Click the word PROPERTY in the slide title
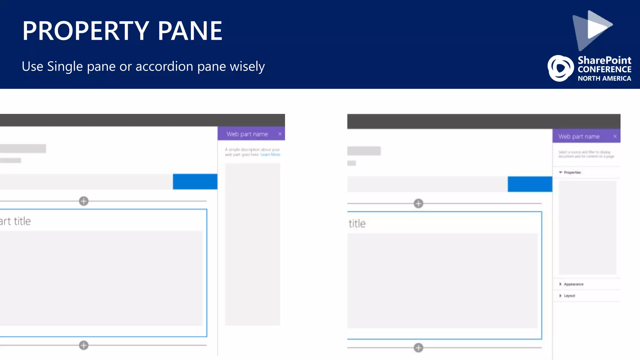pyautogui.click(x=85, y=31)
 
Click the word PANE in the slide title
pyautogui.click(x=190, y=31)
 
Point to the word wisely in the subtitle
pyautogui.click(x=247, y=67)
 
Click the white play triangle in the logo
pyautogui.click(x=598, y=26)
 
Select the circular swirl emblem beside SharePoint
pyautogui.click(x=560, y=68)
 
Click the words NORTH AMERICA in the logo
pyautogui.click(x=604, y=78)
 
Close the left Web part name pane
pyautogui.click(x=280, y=134)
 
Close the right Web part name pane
pyautogui.click(x=615, y=136)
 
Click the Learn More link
pyautogui.click(x=270, y=155)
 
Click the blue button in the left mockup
pyautogui.click(x=195, y=182)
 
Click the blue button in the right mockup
pyautogui.click(x=530, y=184)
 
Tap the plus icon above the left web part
pyautogui.click(x=84, y=201)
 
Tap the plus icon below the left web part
pyautogui.click(x=84, y=345)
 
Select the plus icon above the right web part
pyautogui.click(x=418, y=203)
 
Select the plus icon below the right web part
pyautogui.click(x=418, y=347)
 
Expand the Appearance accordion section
pyautogui.click(x=573, y=284)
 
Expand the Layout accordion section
pyautogui.click(x=569, y=296)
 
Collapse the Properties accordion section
pyautogui.click(x=572, y=172)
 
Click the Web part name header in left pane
pyautogui.click(x=247, y=134)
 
